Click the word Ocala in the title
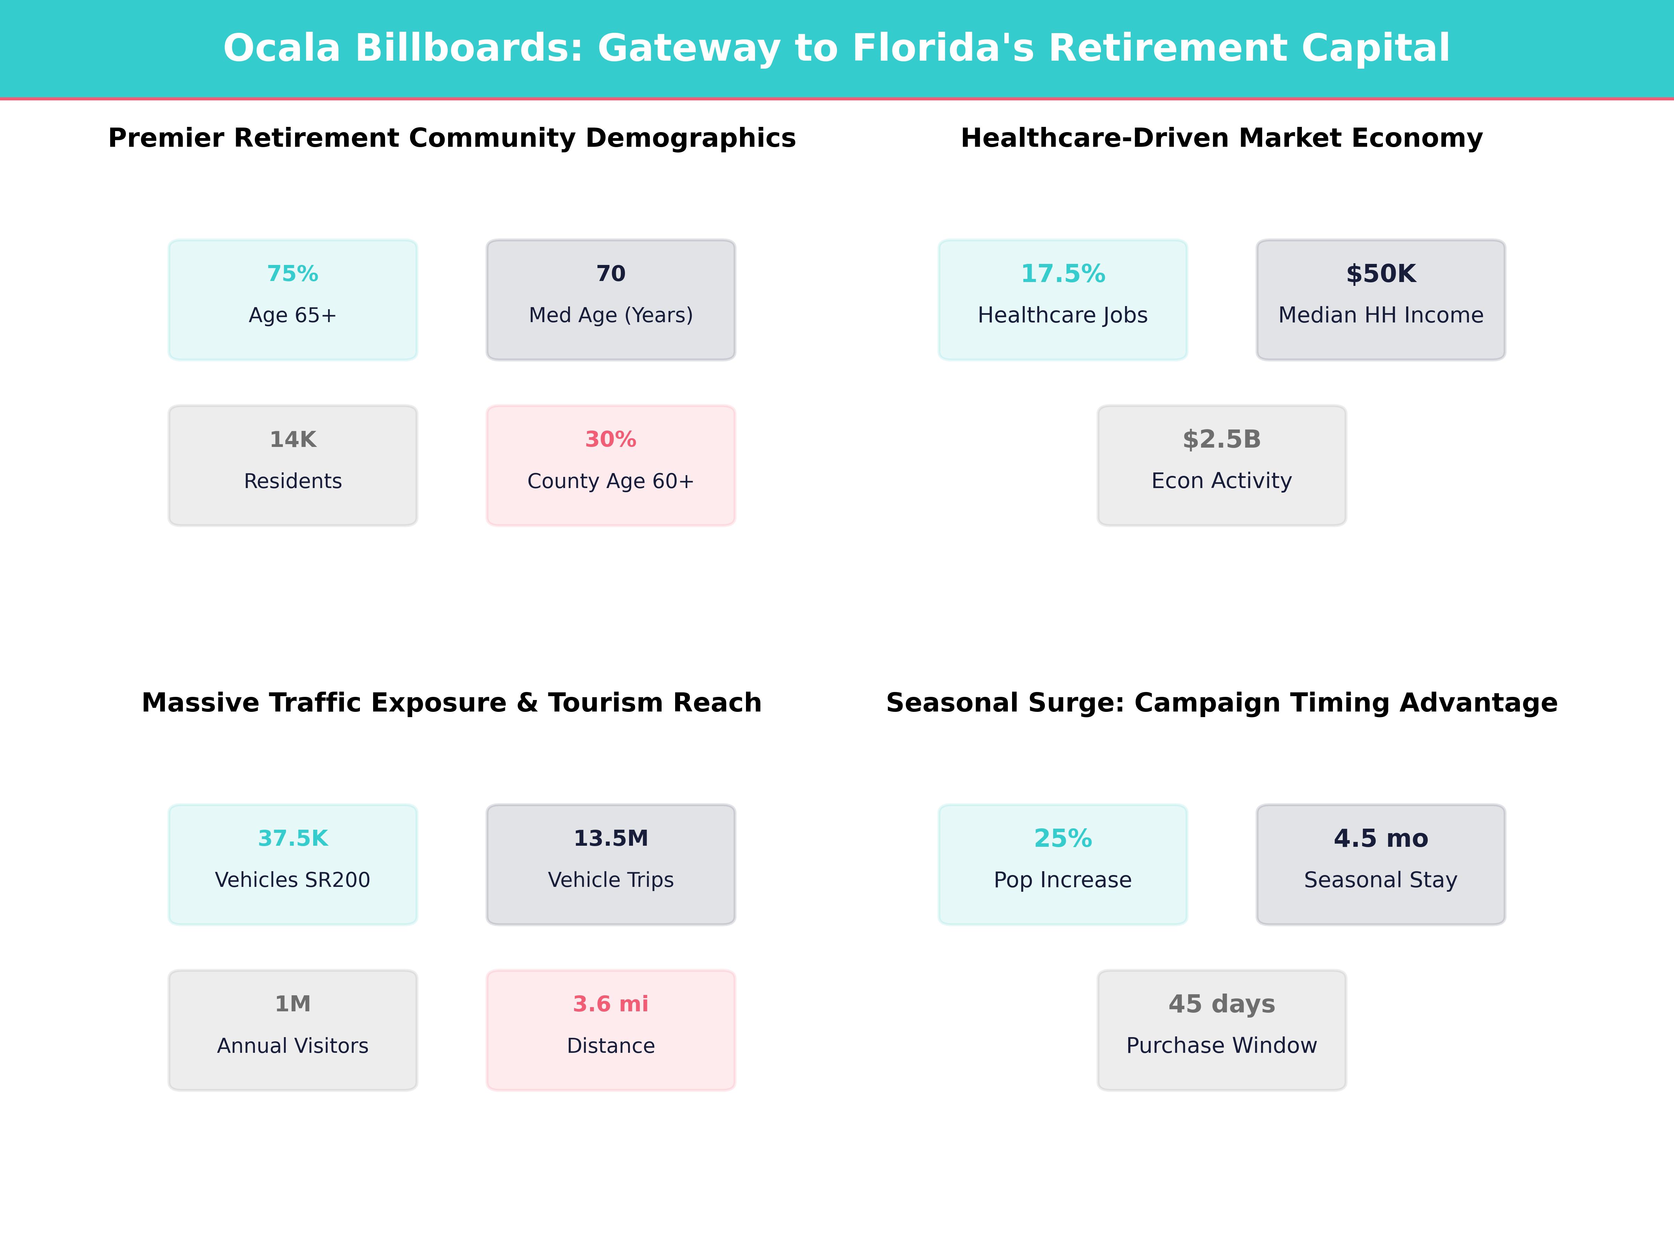point(281,48)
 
